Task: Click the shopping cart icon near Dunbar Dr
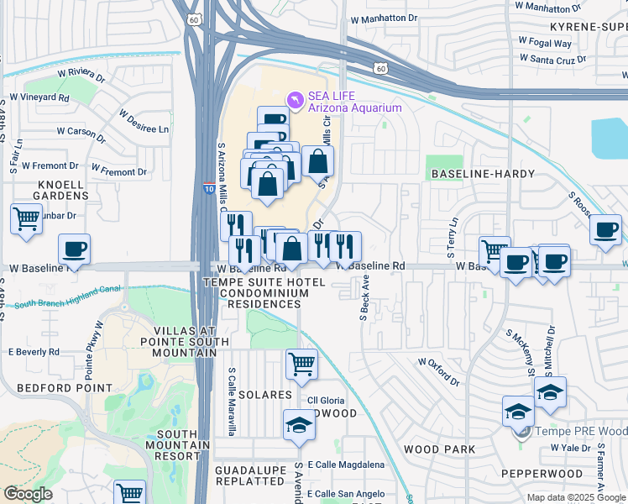pyautogui.click(x=26, y=219)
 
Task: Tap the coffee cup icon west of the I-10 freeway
pyautogui.click(x=74, y=249)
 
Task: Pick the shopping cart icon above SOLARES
pyautogui.click(x=301, y=365)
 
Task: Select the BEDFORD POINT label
pyautogui.click(x=65, y=388)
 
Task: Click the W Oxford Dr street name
pyautogui.click(x=439, y=371)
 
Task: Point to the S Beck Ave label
pyautogui.click(x=365, y=299)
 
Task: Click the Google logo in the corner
pyautogui.click(x=28, y=494)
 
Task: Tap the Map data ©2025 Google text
pyautogui.click(x=576, y=497)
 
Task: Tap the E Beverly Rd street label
pyautogui.click(x=34, y=352)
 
